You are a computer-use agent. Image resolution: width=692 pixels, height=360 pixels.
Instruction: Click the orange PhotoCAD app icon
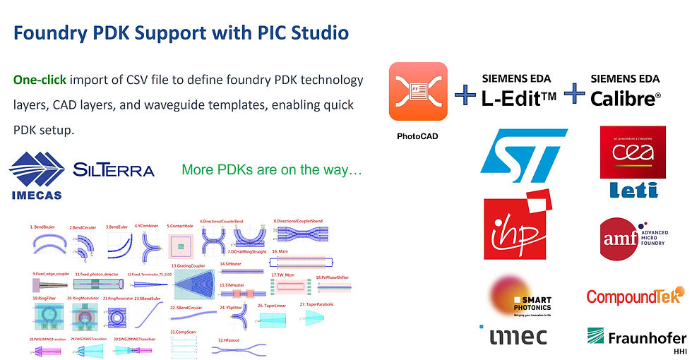coord(418,91)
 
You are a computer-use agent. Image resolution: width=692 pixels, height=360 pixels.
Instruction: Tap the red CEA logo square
coord(628,152)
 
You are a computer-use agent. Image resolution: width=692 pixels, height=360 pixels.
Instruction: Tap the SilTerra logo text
coord(113,170)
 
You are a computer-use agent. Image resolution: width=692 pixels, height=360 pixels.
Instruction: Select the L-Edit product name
coord(520,98)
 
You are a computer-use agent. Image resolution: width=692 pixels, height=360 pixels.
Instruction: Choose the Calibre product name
coord(626,98)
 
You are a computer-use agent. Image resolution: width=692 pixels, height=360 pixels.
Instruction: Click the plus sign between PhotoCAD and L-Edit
coord(465,94)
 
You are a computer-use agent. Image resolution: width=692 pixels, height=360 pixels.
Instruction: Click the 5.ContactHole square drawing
coord(181,246)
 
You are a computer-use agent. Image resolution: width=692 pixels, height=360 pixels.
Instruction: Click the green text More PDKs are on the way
coord(272,170)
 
